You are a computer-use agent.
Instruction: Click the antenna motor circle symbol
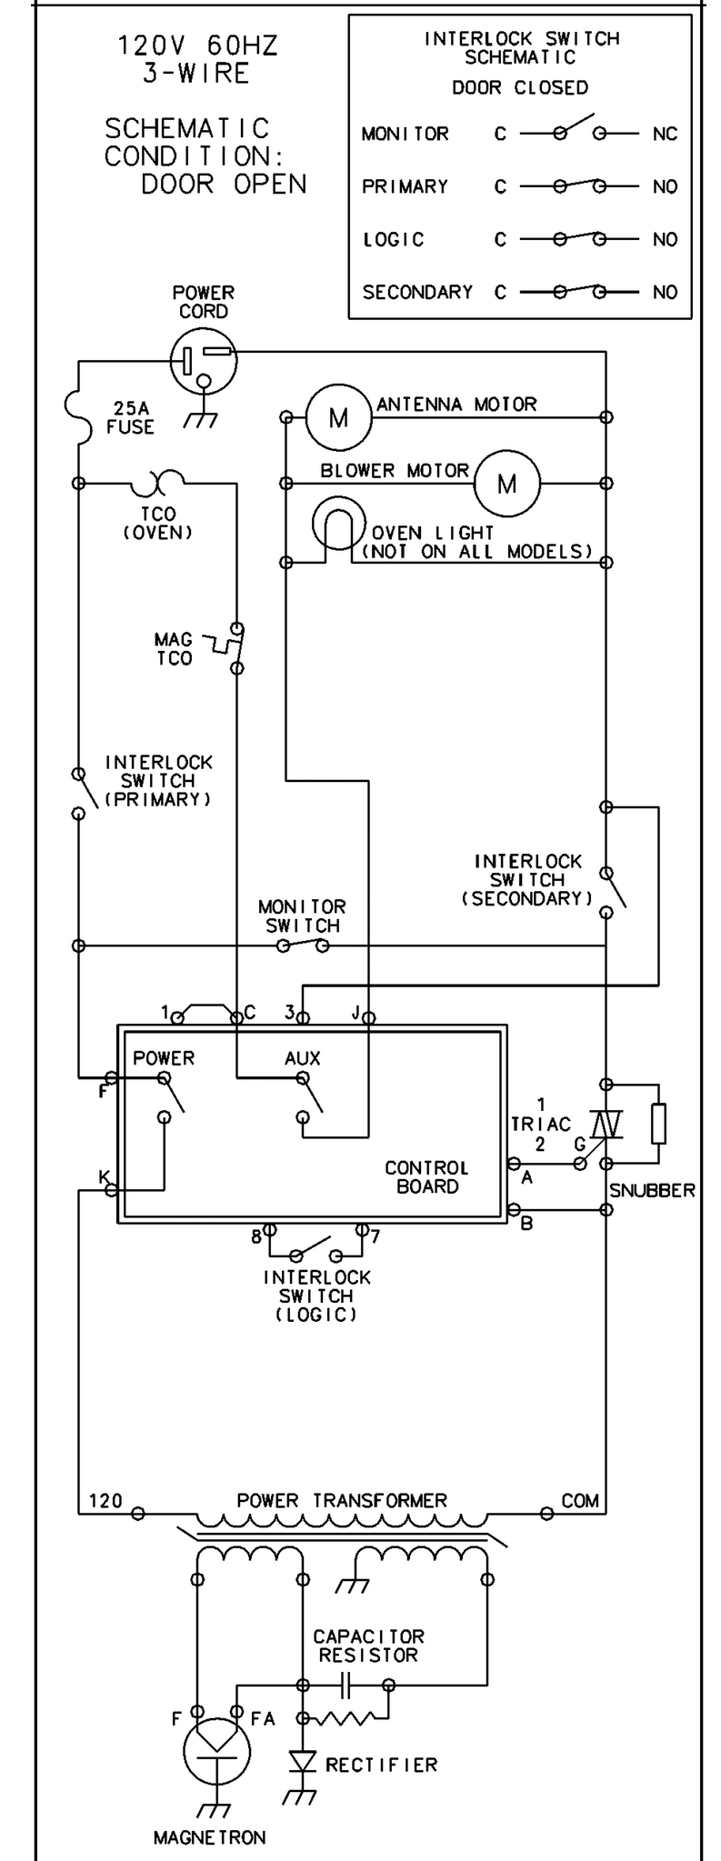pos(338,417)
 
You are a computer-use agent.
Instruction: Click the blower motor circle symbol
pos(506,483)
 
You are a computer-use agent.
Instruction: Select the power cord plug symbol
pos(203,361)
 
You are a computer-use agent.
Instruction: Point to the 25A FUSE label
pos(130,417)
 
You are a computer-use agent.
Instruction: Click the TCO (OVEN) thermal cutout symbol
pos(161,479)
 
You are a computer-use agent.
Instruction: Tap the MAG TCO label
pos(174,649)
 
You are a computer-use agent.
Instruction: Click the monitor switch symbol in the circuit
pos(303,946)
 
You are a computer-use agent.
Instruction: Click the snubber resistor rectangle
pos(658,1123)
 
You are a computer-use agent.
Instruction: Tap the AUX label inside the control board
pos(303,1058)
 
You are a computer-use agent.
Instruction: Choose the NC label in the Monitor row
pos(665,134)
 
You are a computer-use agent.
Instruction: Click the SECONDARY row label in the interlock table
pos(417,292)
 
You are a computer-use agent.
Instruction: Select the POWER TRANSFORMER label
pos(342,1500)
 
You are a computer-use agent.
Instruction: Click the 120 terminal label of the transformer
pos(105,1500)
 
